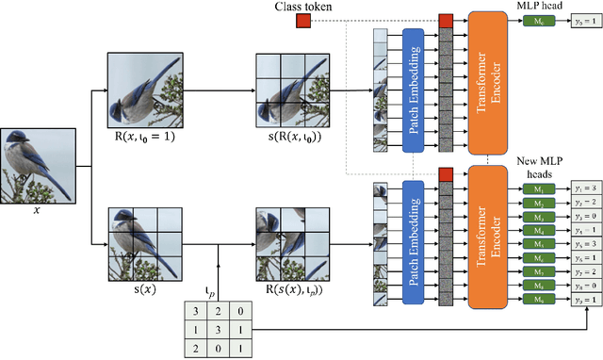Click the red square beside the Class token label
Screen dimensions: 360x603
(302, 21)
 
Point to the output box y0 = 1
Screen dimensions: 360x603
(582, 21)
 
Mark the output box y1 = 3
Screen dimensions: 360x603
(582, 188)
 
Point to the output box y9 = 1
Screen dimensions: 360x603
(582, 299)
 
